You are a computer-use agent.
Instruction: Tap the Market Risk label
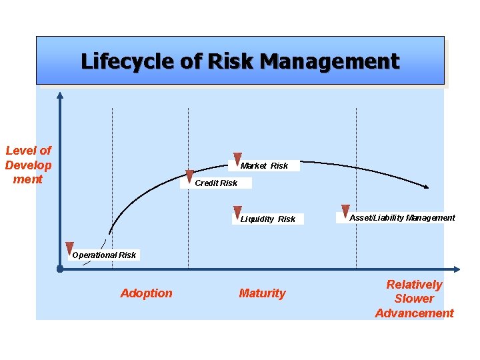click(x=265, y=165)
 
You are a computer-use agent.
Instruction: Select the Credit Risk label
click(x=215, y=183)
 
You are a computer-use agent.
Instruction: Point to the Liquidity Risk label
click(x=268, y=219)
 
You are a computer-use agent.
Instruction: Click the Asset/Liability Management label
click(x=402, y=217)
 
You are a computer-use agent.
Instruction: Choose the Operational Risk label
click(x=104, y=255)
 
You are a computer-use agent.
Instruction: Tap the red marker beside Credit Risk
click(x=189, y=177)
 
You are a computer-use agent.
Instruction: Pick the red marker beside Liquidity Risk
click(x=237, y=213)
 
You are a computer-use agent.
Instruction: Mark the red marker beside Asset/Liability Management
click(x=345, y=211)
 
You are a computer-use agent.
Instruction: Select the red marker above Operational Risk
click(x=69, y=249)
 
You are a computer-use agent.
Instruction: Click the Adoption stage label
click(x=146, y=293)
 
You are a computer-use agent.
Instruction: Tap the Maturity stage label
click(x=262, y=293)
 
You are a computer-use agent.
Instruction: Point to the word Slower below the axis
click(x=414, y=299)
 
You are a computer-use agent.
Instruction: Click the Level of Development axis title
click(x=28, y=165)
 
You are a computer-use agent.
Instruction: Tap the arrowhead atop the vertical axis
click(x=60, y=94)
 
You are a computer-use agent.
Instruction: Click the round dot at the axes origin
click(x=60, y=270)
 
